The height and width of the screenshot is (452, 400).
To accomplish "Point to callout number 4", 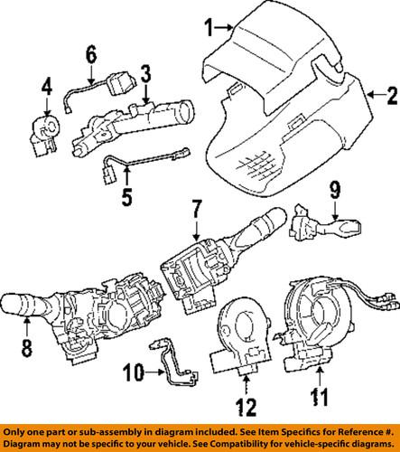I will point(47,88).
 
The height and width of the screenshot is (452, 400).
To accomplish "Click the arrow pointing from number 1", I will point(222,30).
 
